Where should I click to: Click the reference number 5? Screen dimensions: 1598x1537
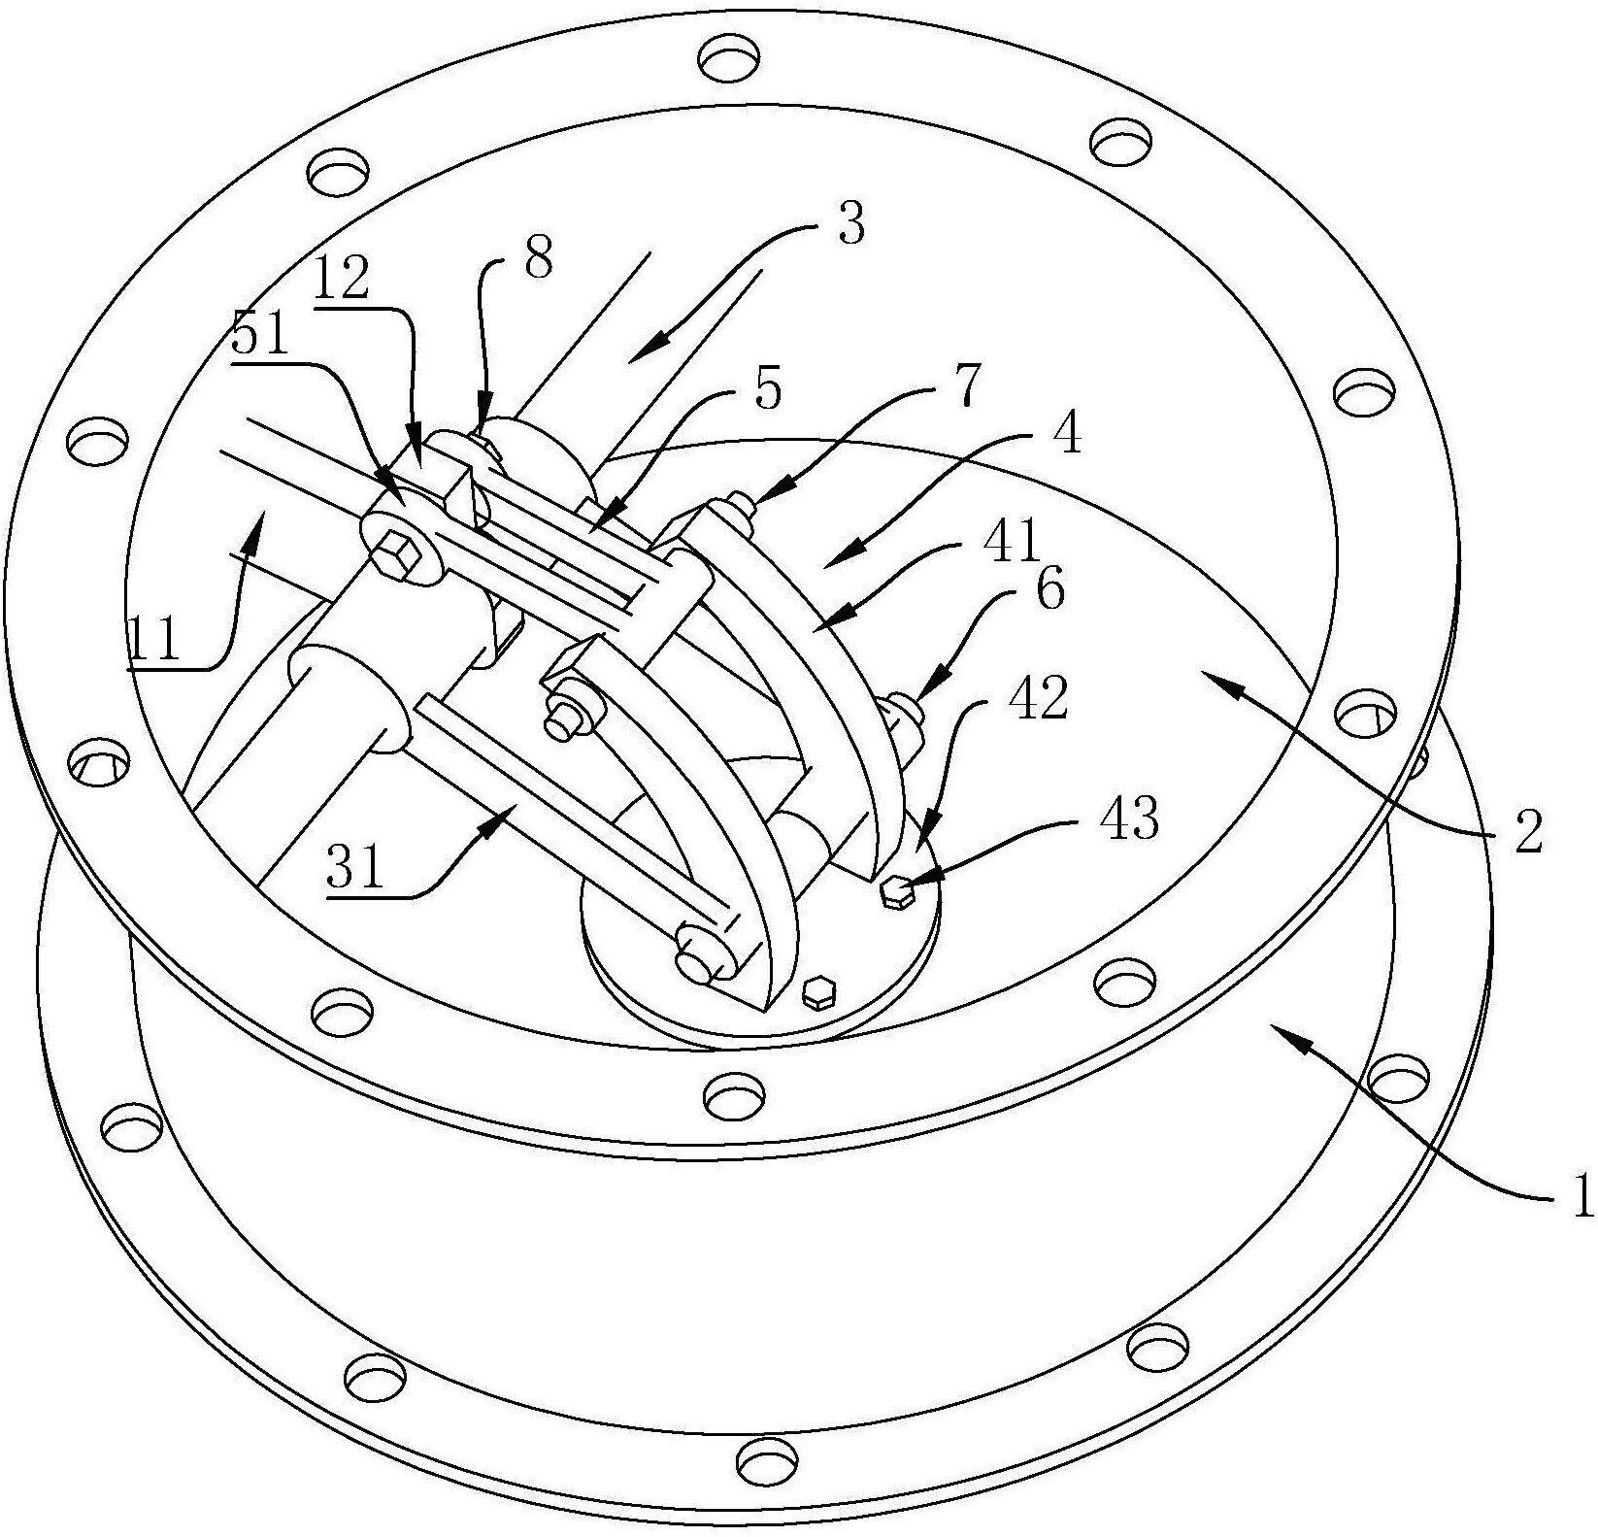(x=766, y=389)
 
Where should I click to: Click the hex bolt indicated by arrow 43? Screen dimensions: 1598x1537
(x=895, y=889)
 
